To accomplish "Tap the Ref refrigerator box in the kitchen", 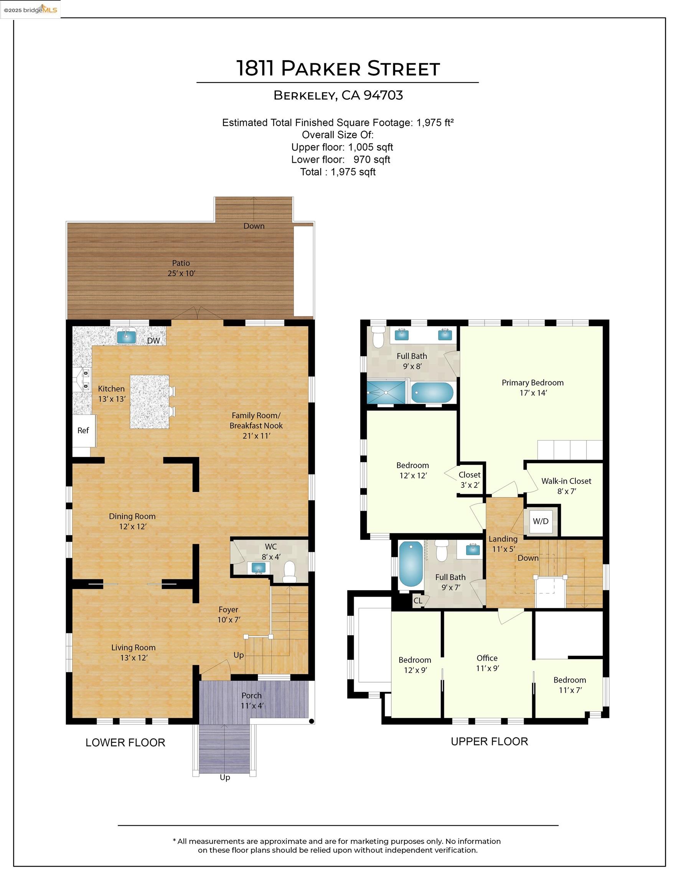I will [83, 430].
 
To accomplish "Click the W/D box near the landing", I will [541, 521].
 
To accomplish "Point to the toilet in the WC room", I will [289, 571].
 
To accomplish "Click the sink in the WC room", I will [259, 568].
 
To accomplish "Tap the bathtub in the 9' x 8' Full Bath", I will [432, 393].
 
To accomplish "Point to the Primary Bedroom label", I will [532, 383].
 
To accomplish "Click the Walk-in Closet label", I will [566, 481].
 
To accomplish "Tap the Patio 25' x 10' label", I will [181, 268].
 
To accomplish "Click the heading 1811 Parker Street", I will [338, 68].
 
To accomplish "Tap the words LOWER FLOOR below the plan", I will [125, 742].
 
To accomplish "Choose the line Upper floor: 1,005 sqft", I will [342, 147].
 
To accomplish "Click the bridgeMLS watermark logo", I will [30, 10].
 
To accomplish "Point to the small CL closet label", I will [417, 600].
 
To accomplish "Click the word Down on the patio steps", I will [254, 226].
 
